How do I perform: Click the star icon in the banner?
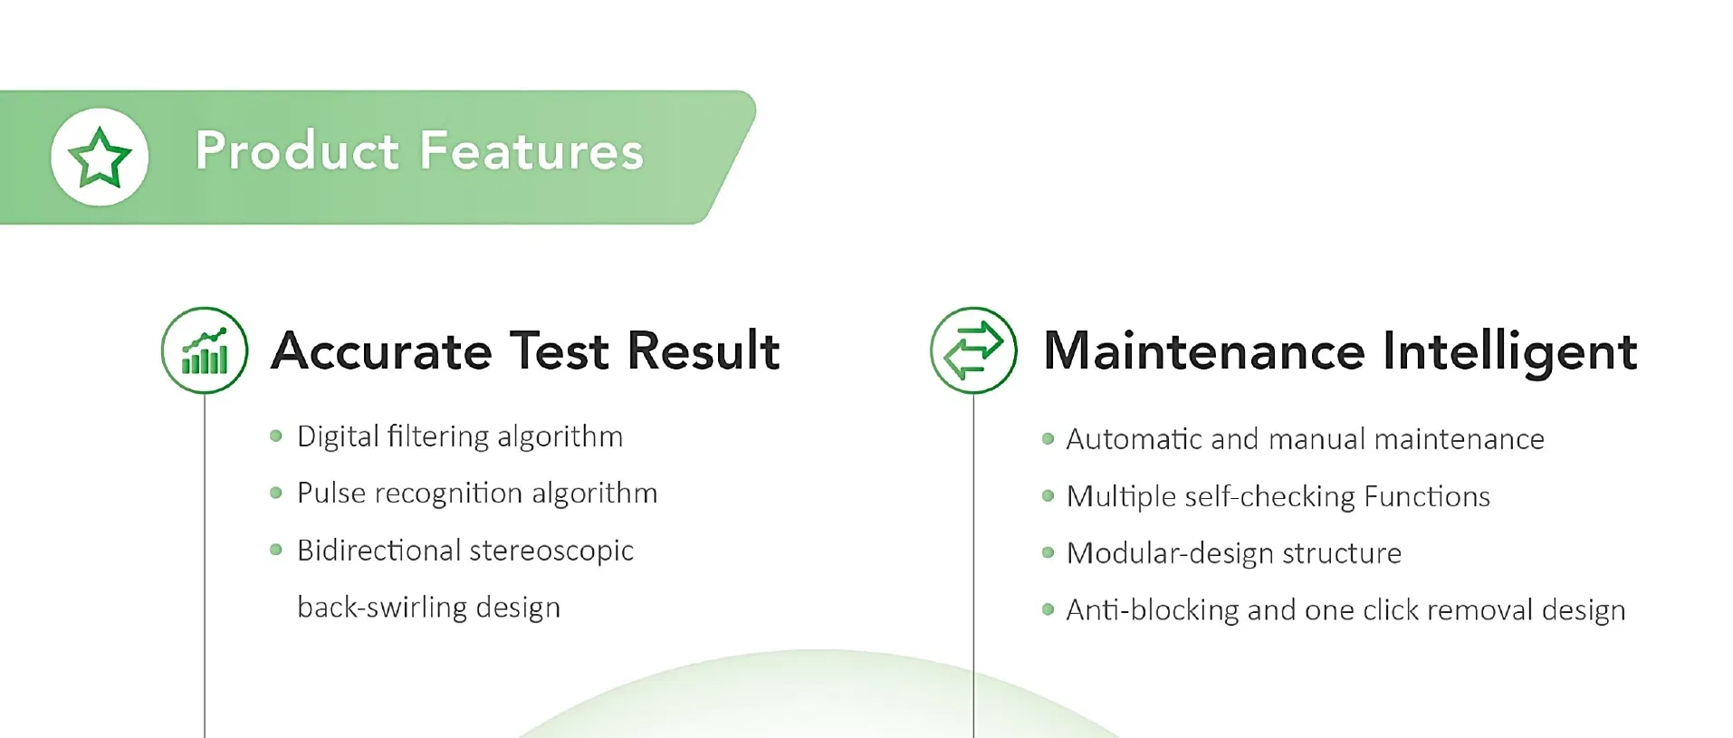click(100, 157)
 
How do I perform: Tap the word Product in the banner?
click(297, 151)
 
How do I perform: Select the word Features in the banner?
click(531, 151)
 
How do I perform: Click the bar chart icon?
click(205, 351)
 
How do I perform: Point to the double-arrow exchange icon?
click(973, 350)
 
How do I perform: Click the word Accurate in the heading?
click(381, 351)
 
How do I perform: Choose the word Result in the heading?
click(704, 351)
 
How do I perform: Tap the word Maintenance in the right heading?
click(1204, 351)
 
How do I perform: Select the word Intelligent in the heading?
click(1510, 353)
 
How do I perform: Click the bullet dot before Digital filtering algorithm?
click(276, 436)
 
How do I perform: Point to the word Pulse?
click(331, 494)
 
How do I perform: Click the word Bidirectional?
click(378, 551)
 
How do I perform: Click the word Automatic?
click(1135, 440)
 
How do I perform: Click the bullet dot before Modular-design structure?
click(1048, 552)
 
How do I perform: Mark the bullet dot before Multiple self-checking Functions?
click(1048, 496)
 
